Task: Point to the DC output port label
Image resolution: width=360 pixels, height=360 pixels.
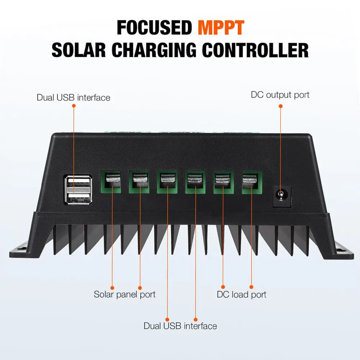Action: click(x=280, y=95)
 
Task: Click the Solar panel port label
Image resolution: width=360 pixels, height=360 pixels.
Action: click(x=125, y=294)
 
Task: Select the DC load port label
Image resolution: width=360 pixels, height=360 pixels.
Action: click(x=242, y=294)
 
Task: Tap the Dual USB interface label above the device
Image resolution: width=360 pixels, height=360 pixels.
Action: click(x=73, y=98)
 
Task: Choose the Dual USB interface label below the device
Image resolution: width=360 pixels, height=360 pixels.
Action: click(x=180, y=326)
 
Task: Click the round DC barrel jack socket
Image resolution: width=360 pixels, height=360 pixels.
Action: click(x=280, y=196)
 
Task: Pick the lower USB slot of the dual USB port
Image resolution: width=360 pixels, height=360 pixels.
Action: click(x=78, y=198)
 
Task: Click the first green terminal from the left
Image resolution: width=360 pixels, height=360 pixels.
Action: click(x=110, y=181)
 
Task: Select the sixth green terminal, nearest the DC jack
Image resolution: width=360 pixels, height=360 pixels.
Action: click(x=252, y=181)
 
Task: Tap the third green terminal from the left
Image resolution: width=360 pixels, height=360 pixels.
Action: click(x=167, y=181)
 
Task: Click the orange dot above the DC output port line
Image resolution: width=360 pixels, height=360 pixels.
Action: click(x=280, y=105)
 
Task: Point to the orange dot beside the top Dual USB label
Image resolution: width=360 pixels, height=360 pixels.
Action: click(x=73, y=106)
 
